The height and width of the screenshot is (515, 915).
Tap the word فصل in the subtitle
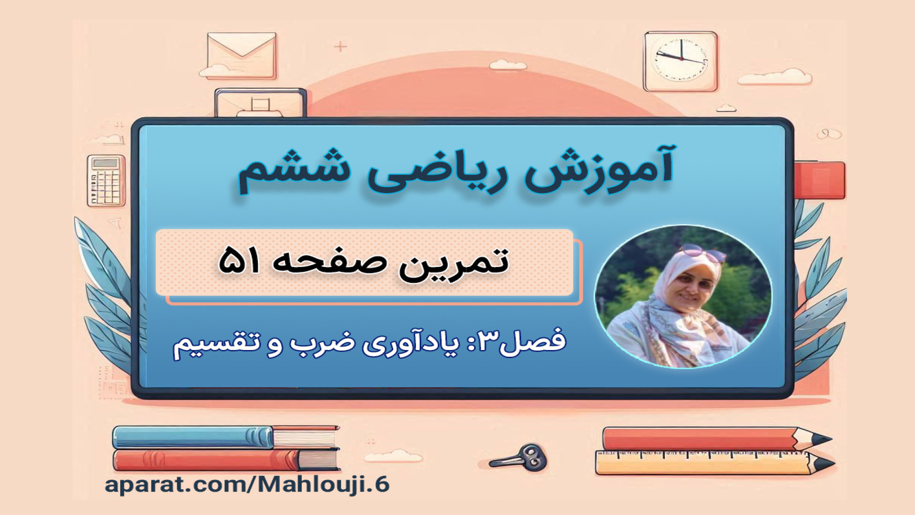click(534, 340)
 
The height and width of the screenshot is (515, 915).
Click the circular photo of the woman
click(682, 296)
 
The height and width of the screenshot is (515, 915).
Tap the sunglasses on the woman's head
click(703, 252)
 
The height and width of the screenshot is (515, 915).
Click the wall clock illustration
click(681, 61)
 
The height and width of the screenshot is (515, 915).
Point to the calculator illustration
click(106, 181)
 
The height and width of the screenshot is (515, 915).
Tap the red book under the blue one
click(226, 460)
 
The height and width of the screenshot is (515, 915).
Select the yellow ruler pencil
click(715, 463)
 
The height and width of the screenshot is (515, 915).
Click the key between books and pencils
click(519, 458)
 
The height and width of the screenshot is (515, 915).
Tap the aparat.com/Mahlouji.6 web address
click(247, 485)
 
